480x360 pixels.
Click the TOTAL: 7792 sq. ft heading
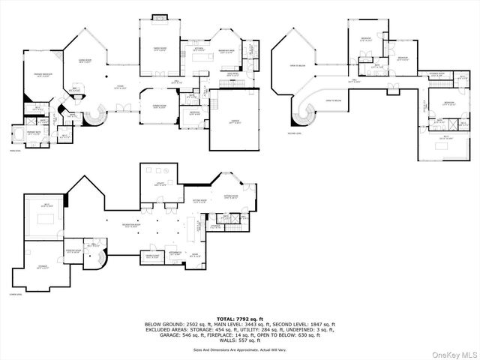coord(240,319)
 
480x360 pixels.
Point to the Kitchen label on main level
coord(199,49)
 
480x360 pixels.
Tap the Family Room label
coord(160,50)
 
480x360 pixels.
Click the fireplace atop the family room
coord(160,16)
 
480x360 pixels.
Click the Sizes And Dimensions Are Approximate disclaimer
coord(240,349)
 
